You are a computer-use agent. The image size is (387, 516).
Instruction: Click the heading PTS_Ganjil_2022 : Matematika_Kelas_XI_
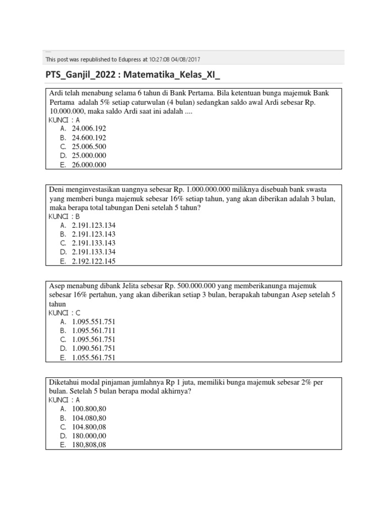pos(133,75)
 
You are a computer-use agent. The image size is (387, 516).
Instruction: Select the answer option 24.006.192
pos(89,128)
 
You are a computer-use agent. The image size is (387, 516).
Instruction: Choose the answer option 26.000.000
pos(89,165)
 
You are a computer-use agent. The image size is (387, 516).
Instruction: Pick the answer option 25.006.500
pos(89,147)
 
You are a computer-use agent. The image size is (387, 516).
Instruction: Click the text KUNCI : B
pos(64,216)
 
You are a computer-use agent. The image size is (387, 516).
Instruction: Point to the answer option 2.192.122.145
pos(94,261)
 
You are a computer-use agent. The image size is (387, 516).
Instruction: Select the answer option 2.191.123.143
pos(94,234)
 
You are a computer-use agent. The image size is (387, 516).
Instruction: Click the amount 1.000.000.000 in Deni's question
pos(208,189)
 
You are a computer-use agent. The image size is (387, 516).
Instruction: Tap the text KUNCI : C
pos(64,312)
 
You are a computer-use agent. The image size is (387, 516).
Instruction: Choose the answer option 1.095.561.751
pos(94,340)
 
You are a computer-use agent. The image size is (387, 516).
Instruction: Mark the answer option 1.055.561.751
pos(94,358)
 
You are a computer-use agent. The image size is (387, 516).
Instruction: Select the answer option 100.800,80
pos(89,409)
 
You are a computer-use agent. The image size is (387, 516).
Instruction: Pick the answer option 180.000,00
pos(89,436)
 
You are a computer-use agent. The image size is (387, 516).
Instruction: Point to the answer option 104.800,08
pos(89,427)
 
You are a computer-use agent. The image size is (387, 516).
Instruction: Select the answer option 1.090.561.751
pos(94,349)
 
